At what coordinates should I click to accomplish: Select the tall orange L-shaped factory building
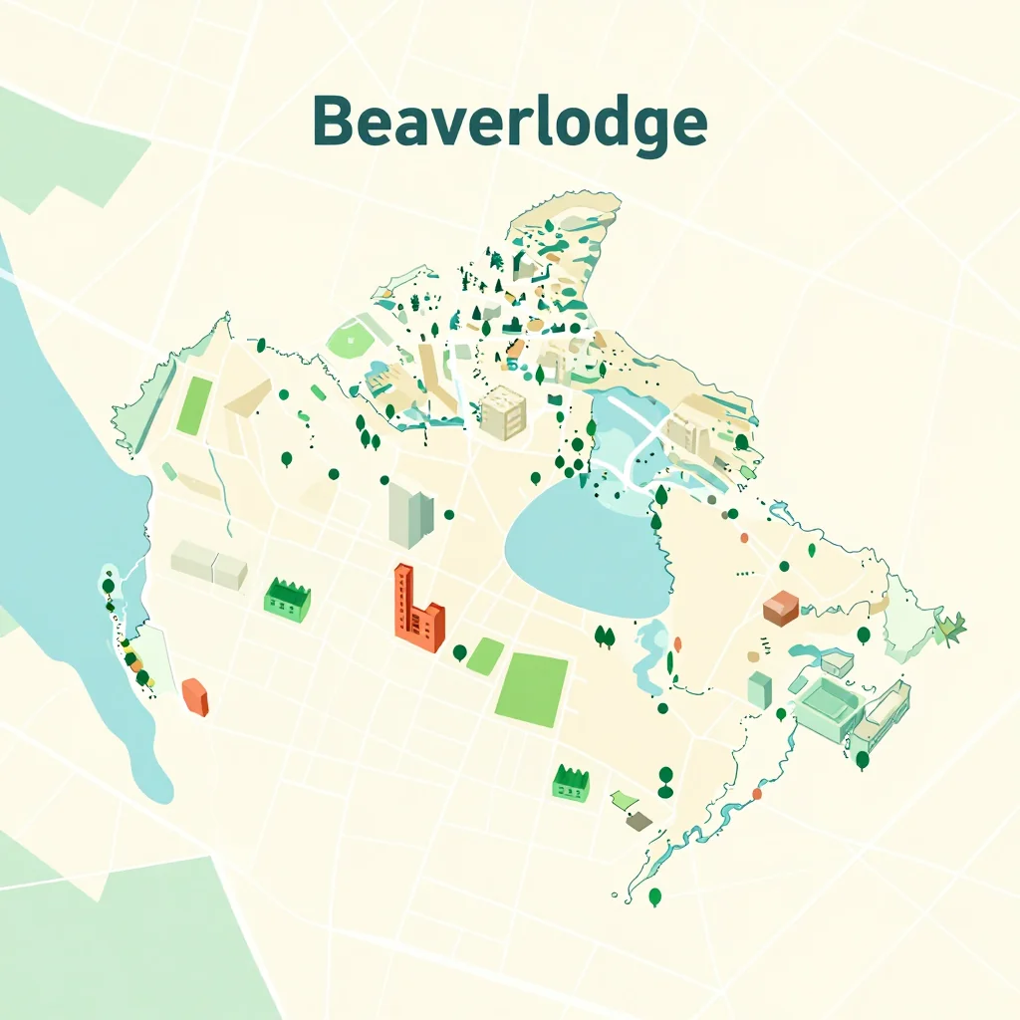417,612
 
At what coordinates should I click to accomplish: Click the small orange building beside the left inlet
195,696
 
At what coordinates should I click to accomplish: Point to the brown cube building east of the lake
780,608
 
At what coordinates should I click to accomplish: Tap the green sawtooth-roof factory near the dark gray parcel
571,783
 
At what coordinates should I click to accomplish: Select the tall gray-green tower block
409,514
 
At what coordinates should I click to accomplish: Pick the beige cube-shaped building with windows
503,413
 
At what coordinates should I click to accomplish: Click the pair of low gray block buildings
209,564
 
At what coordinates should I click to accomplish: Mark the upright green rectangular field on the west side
194,405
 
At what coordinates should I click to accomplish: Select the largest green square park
532,689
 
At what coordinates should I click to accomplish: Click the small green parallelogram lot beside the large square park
485,656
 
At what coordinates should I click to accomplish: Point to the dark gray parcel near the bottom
638,820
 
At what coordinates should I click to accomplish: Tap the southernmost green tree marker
654,896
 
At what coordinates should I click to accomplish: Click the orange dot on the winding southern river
757,794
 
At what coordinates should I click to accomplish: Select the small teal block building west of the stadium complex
759,689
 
